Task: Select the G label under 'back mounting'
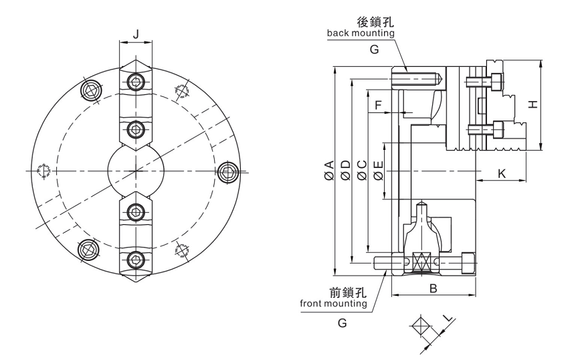coord(374,49)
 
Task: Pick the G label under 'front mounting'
coord(342,323)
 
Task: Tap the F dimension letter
coord(378,105)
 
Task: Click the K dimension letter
coord(502,173)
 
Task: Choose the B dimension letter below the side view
coord(433,288)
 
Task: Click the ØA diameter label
coord(328,171)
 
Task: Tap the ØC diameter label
coord(361,171)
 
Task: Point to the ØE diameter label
coord(378,171)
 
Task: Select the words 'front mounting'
coord(333,304)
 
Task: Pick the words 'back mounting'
coord(361,33)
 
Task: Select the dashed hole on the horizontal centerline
coord(43,171)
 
